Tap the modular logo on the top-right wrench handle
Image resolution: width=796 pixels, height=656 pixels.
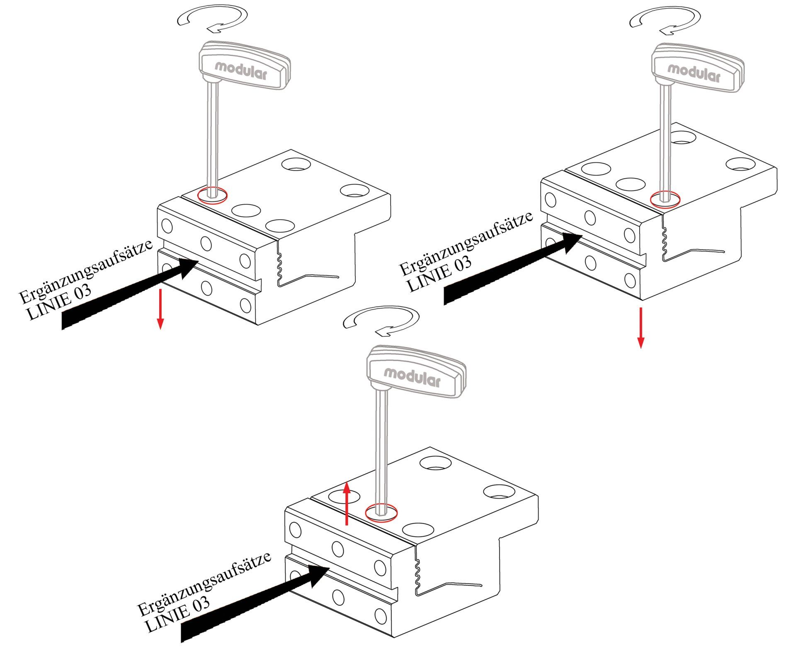694,73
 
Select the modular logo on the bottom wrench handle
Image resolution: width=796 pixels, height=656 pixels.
412,376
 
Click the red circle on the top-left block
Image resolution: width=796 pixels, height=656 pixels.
212,195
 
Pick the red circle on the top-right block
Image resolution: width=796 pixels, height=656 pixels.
665,199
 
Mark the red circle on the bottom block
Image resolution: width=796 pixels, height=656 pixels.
381,512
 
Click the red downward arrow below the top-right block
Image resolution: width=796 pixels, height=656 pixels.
641,328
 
